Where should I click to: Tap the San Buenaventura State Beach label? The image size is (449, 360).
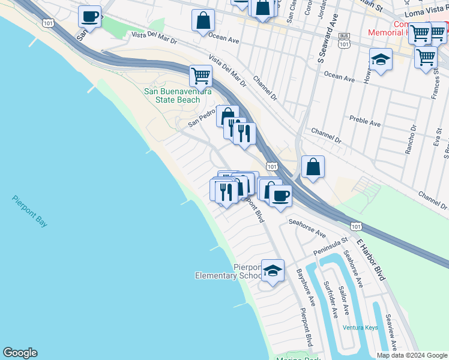(x=178, y=95)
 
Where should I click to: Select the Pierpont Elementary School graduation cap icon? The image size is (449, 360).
(x=273, y=270)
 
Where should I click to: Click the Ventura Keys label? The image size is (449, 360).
(x=360, y=328)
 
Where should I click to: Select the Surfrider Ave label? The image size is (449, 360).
(x=332, y=299)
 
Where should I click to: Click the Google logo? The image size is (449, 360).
(x=20, y=353)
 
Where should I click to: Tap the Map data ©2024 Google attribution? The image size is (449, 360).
(x=411, y=355)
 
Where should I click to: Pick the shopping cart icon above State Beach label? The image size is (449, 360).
(x=200, y=76)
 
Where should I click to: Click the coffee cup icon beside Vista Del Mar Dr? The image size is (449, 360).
(x=89, y=17)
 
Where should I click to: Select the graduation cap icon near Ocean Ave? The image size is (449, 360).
(x=381, y=60)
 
